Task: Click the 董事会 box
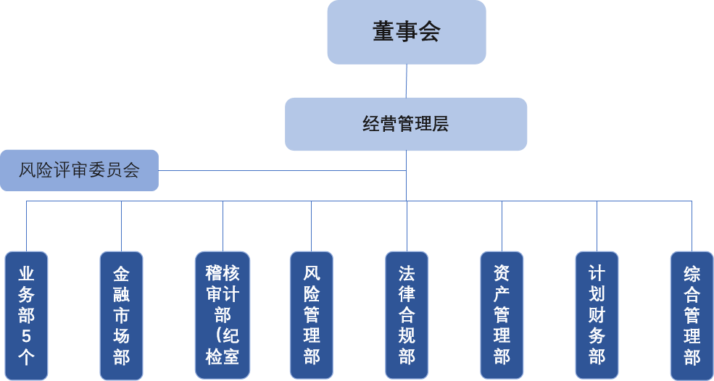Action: tap(406, 32)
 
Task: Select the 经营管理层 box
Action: tap(406, 124)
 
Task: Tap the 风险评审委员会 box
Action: tap(79, 170)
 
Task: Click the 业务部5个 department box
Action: tap(27, 315)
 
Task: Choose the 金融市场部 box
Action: tap(121, 315)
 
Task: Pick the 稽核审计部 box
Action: tap(223, 315)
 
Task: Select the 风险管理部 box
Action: tap(312, 315)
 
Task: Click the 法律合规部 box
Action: tap(407, 315)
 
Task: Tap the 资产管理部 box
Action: tap(502, 315)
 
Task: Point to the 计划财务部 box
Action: tap(597, 315)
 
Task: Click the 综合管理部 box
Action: tap(692, 315)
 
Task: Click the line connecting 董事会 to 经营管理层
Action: tap(406, 80)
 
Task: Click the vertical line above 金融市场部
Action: tap(121, 226)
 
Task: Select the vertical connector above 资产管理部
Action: tap(502, 226)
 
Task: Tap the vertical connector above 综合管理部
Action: tap(692, 226)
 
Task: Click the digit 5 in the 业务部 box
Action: tap(27, 336)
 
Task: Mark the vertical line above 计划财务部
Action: tap(597, 226)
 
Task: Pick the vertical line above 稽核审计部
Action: tap(223, 226)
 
